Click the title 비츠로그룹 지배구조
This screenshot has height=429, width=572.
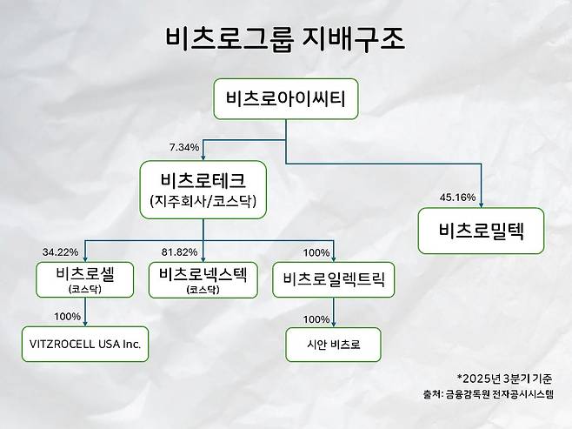click(286, 39)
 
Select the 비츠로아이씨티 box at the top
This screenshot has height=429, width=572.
click(286, 100)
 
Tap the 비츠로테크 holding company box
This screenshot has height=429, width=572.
click(203, 190)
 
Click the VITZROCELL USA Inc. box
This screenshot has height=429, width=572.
click(84, 345)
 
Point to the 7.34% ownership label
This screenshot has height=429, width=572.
click(184, 147)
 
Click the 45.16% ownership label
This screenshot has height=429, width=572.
click(457, 198)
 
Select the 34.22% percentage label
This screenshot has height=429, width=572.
click(60, 252)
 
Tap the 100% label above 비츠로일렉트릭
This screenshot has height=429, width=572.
click(316, 253)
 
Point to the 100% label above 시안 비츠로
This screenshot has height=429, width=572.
click(316, 318)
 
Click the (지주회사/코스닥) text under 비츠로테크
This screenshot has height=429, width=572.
click(203, 202)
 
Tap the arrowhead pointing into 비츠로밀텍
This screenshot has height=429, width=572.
click(481, 205)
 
